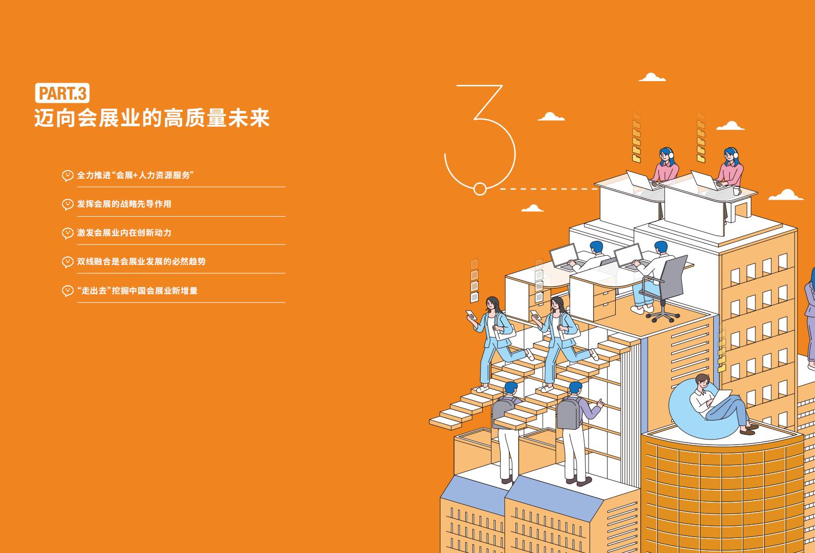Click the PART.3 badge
[x=62, y=93]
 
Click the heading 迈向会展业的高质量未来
[x=152, y=118]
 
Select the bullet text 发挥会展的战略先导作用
[x=124, y=204]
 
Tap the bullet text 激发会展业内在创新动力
[x=124, y=233]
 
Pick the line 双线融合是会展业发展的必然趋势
[x=141, y=261]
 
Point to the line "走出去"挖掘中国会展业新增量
[x=137, y=291]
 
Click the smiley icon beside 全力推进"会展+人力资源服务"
[x=67, y=176]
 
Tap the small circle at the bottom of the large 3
[x=480, y=189]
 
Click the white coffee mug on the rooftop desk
[x=737, y=191]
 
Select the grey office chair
[x=666, y=288]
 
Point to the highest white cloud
[x=652, y=77]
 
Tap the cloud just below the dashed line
[x=533, y=208]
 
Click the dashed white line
[x=548, y=189]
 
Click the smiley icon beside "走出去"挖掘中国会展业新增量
[x=67, y=291]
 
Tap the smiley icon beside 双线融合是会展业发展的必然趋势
[x=67, y=262]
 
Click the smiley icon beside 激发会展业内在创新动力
[x=67, y=233]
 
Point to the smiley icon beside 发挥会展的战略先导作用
[x=67, y=204]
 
